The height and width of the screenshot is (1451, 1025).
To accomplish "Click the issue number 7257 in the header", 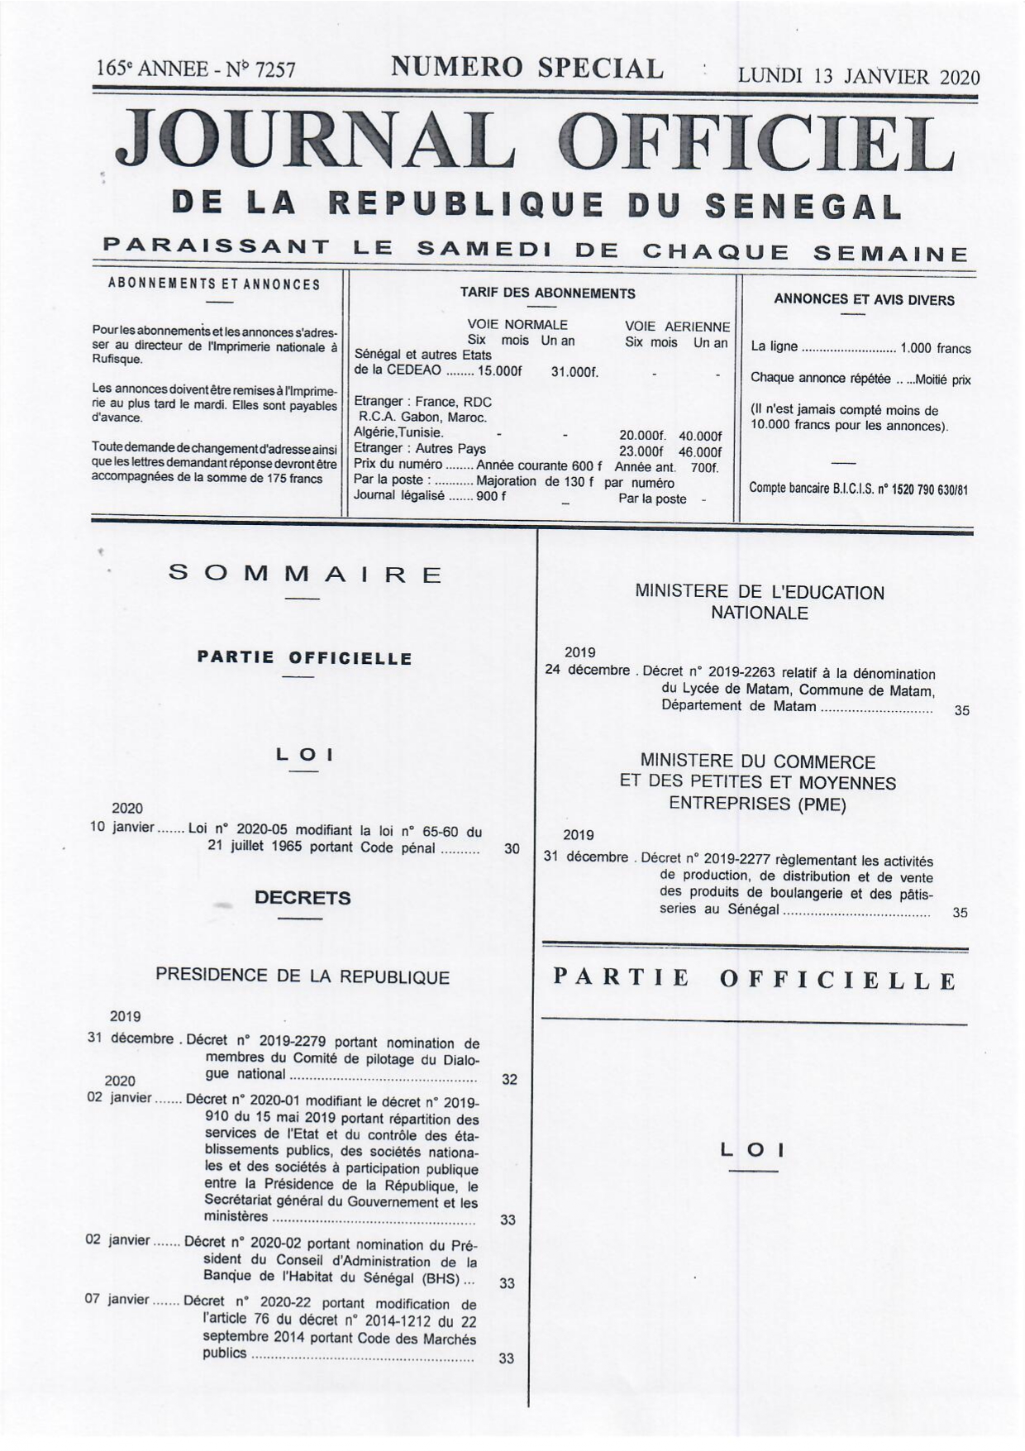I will (275, 70).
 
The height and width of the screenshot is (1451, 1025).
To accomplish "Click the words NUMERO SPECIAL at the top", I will (527, 68).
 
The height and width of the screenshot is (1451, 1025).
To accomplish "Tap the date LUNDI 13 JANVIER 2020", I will (858, 77).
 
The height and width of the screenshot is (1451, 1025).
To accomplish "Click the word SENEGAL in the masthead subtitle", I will (802, 206).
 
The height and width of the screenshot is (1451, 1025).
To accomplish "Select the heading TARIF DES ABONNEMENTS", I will (547, 294).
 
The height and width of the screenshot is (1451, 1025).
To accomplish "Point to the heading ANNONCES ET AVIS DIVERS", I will (864, 300).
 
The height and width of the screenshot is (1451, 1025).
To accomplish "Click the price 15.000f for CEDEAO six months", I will (499, 371).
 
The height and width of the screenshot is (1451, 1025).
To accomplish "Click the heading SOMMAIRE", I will (306, 574).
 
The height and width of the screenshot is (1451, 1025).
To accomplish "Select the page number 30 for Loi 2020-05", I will (512, 848).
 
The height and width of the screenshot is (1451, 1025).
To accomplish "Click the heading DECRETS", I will (303, 898).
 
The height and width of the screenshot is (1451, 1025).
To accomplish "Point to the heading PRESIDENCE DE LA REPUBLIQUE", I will (303, 977).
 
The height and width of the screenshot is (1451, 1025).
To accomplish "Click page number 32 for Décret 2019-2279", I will (509, 1079).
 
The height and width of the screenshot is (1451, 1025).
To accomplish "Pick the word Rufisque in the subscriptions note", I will (117, 360).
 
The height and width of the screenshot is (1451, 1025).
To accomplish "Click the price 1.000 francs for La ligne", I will (935, 349).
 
